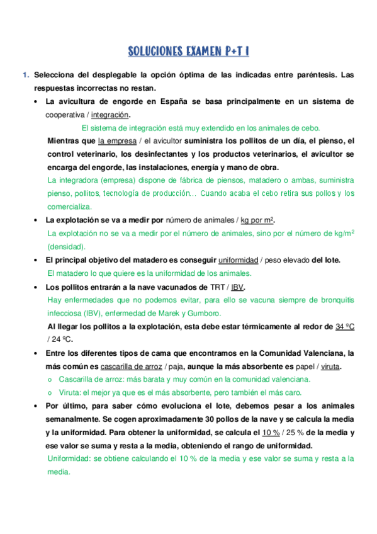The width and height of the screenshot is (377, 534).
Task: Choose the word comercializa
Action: tap(70, 207)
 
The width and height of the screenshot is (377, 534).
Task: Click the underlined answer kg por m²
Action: tap(257, 220)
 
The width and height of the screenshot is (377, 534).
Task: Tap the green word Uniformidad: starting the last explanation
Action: tap(69, 459)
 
